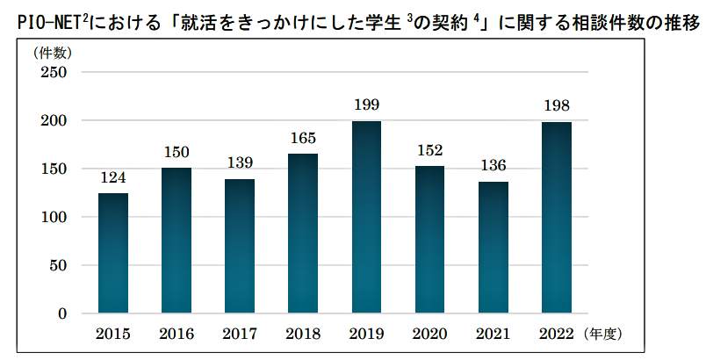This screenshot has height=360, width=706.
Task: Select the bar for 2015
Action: (113, 253)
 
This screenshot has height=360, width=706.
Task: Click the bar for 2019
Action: (366, 217)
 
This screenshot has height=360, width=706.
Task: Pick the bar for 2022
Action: (556, 218)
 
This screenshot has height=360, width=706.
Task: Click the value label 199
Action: (366, 105)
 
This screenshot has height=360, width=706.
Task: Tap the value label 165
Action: (303, 138)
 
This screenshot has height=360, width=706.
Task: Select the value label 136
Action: (493, 166)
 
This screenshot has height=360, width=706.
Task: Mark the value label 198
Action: (556, 106)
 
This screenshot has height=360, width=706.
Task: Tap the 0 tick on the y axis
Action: (62, 313)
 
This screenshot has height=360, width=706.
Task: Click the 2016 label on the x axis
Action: (176, 334)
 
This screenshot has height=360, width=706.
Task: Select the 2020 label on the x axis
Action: (429, 334)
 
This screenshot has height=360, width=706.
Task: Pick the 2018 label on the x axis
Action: (303, 334)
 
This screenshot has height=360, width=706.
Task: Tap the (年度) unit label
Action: (603, 334)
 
